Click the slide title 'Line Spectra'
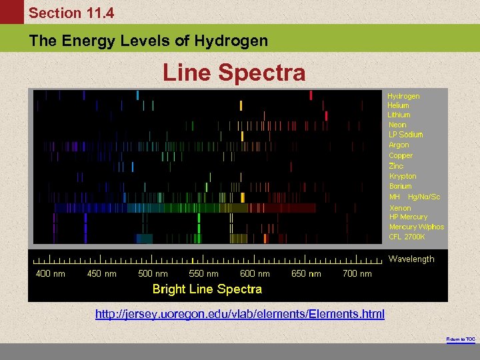tap(234, 73)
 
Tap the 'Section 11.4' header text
tap(71, 13)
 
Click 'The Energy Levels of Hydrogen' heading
tap(148, 41)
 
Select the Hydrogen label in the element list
tap(403, 96)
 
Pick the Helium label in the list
tap(398, 105)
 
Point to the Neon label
tap(397, 125)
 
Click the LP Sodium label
tap(405, 135)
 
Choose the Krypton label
tap(403, 176)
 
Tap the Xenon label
tap(400, 208)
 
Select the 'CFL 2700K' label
tap(408, 237)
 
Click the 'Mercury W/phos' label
tap(416, 227)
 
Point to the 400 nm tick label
tap(51, 273)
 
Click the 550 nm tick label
tap(204, 273)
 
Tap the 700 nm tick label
tap(357, 273)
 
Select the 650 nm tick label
tap(306, 273)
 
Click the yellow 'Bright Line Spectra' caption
tap(207, 289)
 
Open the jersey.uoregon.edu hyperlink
tap(239, 313)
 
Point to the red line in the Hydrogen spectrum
tap(311, 95)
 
